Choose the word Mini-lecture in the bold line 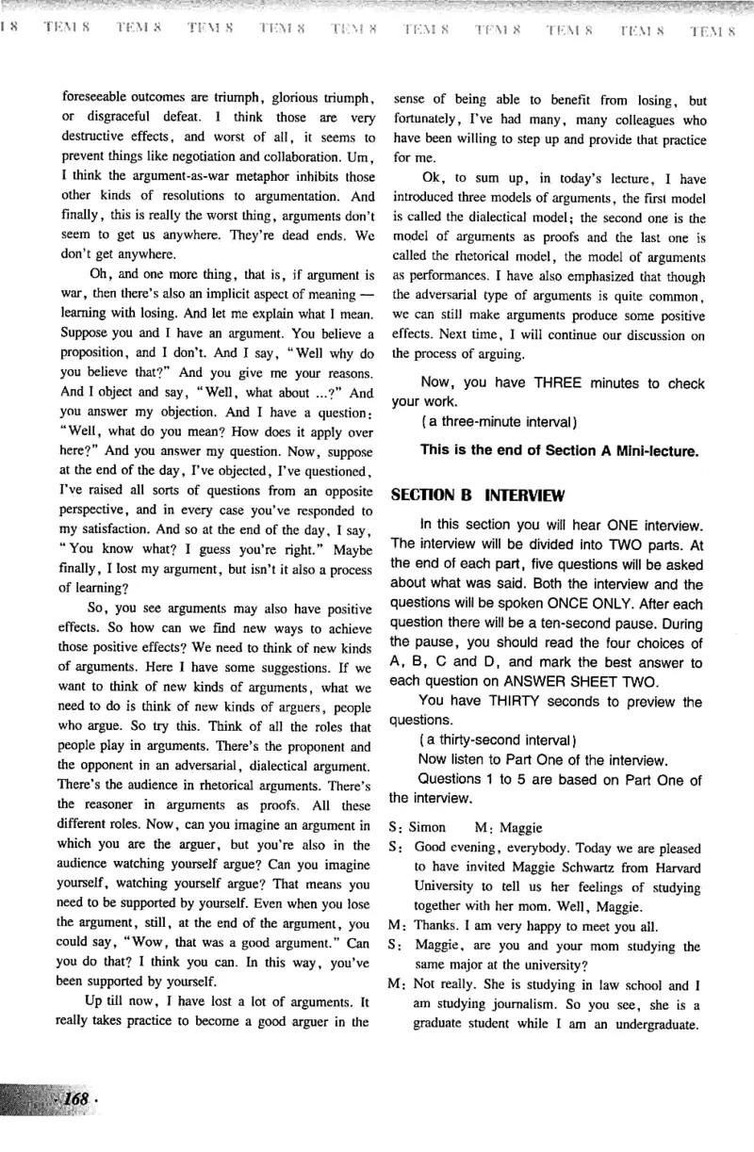pos(649,450)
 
